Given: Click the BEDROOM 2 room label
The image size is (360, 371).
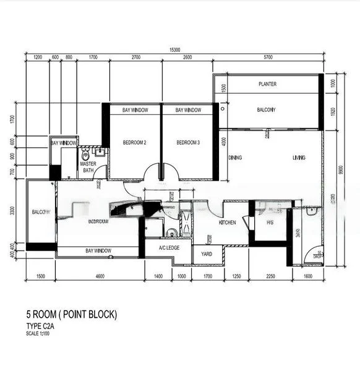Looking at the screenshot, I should [134, 143].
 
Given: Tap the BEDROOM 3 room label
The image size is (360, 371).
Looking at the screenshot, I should [188, 143].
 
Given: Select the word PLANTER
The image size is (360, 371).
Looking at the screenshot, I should [267, 84].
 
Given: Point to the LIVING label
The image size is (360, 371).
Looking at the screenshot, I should [299, 158].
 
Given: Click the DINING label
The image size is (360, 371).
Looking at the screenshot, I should [235, 158].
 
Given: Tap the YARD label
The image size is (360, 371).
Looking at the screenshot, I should [207, 254].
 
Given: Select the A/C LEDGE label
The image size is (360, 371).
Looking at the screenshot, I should [168, 249].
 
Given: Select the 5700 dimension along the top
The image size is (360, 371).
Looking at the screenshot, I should [268, 58].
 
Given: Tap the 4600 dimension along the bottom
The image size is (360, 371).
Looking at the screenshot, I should [100, 276].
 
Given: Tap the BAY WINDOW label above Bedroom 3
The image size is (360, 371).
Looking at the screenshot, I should [188, 110].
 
